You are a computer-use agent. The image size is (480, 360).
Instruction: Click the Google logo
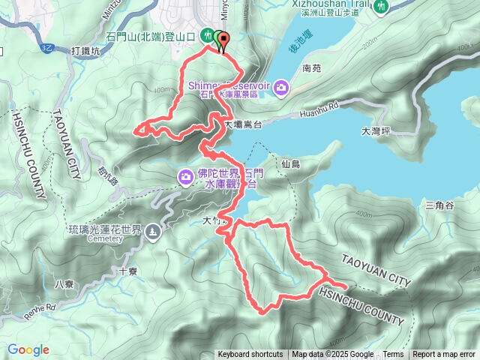(28, 349)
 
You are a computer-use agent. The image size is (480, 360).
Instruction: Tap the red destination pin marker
(223, 42)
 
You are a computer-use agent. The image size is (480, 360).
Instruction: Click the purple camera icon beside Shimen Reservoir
(280, 88)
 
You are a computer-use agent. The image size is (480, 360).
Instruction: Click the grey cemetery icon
(153, 232)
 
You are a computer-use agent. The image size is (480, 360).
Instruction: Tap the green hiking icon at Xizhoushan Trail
(381, 6)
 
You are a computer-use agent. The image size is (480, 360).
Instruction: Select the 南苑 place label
(311, 68)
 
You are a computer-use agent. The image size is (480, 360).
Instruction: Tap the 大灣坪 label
(376, 130)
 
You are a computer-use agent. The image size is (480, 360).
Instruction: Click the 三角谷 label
(439, 205)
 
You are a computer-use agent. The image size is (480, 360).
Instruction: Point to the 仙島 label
(291, 163)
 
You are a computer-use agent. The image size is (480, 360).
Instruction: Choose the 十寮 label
(128, 271)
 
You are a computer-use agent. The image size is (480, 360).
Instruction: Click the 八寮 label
(64, 284)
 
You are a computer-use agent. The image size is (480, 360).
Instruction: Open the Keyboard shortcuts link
(250, 355)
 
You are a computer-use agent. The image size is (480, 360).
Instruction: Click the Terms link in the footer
(393, 355)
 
